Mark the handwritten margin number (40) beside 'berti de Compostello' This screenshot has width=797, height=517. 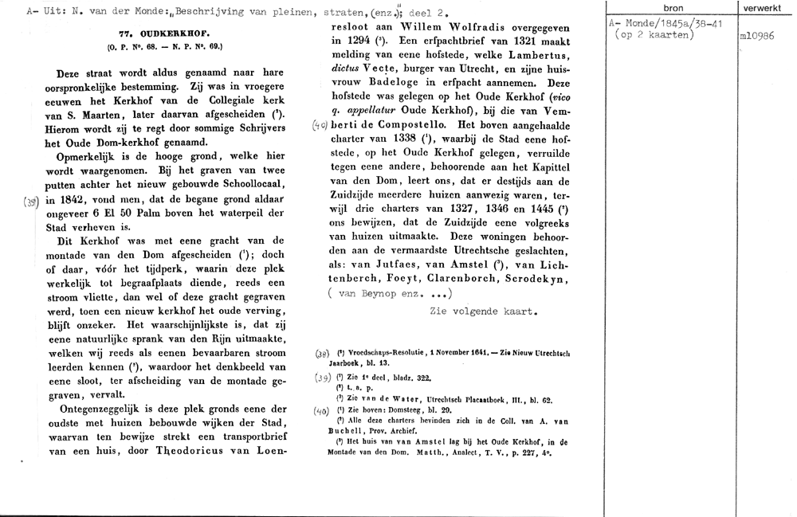pyautogui.click(x=320, y=125)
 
